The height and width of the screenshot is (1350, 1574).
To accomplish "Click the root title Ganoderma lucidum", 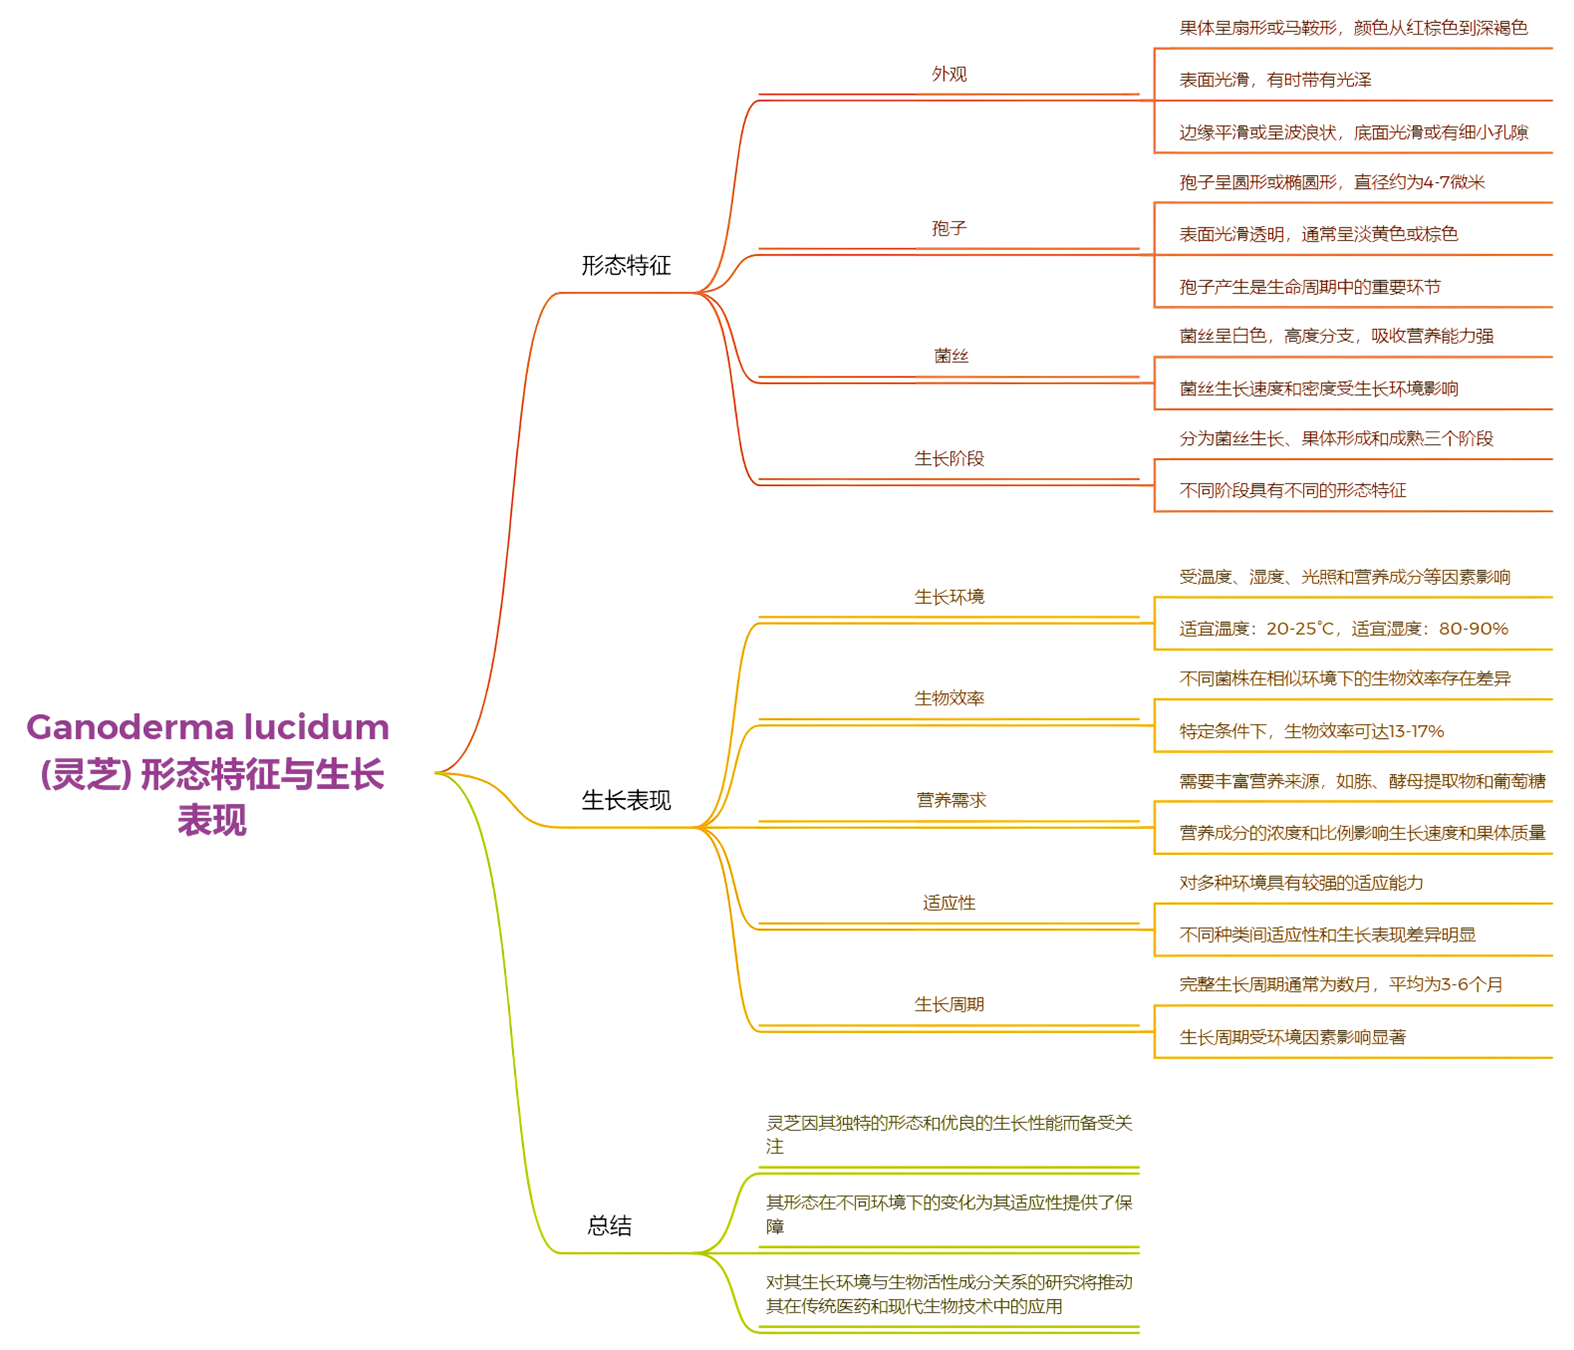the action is (x=208, y=727).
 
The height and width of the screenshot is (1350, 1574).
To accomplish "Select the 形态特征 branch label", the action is (x=626, y=265).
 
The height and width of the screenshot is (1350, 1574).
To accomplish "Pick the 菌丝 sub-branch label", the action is (x=950, y=356).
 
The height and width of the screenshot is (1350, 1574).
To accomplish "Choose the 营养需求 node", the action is (x=950, y=800).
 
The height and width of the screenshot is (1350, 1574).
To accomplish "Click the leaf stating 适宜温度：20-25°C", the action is (x=1343, y=628).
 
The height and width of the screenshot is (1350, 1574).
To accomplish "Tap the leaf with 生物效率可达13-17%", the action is (x=1311, y=731).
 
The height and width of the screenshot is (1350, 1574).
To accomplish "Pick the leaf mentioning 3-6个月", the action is (x=1341, y=985).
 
